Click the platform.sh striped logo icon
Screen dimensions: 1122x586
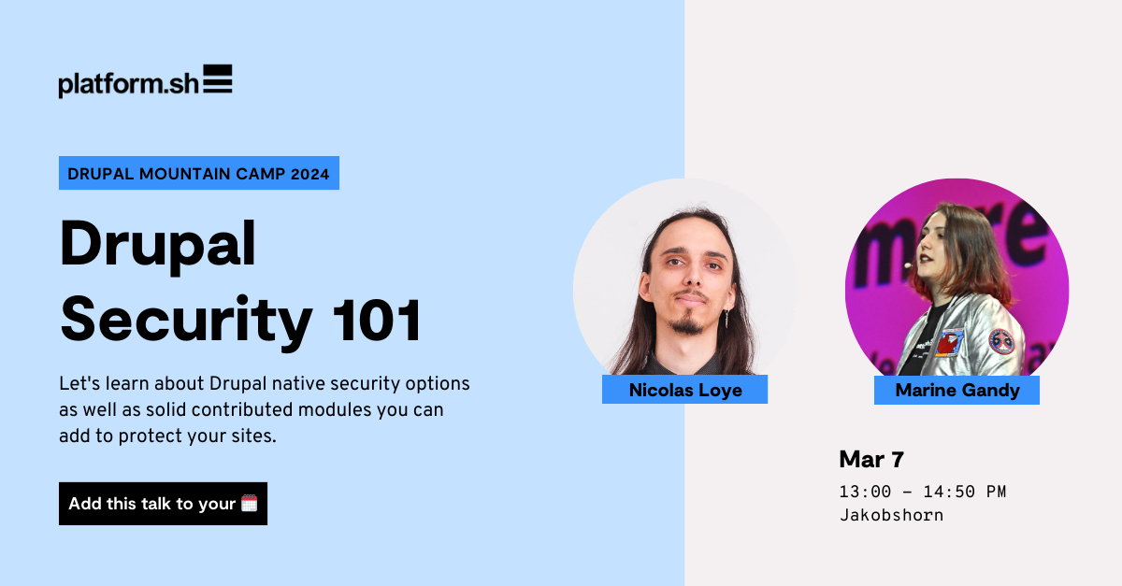tap(217, 79)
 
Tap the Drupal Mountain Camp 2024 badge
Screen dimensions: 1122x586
tap(199, 173)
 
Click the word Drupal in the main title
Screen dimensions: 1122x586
tap(158, 246)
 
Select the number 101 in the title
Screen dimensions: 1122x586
tap(377, 320)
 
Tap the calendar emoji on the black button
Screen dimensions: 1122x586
tap(249, 504)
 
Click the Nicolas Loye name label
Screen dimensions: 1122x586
tap(684, 390)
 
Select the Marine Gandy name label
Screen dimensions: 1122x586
tap(957, 390)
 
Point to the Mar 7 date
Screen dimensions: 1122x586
tap(871, 459)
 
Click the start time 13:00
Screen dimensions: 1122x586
tap(865, 492)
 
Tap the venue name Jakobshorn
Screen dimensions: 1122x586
tap(892, 515)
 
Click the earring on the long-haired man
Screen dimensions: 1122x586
tap(726, 319)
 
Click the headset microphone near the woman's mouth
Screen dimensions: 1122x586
tap(908, 264)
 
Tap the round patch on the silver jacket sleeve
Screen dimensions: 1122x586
tap(1001, 342)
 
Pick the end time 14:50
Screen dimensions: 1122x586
tap(949, 492)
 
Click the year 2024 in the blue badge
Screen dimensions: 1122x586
tap(310, 174)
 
